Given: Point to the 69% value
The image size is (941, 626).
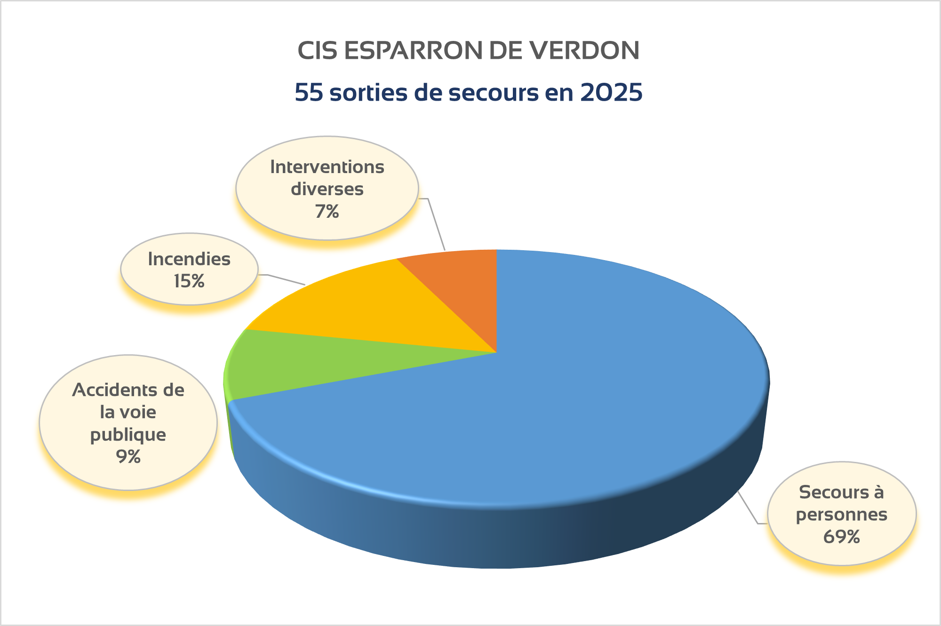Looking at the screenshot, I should tap(841, 537).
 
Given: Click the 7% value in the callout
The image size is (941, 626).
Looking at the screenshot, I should tap(327, 212).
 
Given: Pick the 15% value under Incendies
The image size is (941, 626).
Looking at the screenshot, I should tap(189, 281).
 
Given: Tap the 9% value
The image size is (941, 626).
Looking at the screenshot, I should tap(128, 457).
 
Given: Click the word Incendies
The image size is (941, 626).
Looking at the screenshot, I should tap(189, 259).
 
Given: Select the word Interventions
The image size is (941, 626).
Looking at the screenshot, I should tap(327, 167).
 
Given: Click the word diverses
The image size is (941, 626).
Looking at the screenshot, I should tap(327, 189).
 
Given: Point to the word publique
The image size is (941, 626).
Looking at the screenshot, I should tap(128, 435).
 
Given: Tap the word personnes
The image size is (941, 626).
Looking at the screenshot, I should tap(841, 515).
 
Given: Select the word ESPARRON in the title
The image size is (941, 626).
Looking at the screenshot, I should tap(414, 51).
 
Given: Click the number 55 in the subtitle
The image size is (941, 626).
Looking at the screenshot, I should tap(309, 93).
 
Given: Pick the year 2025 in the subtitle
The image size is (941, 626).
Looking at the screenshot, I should tap(611, 93).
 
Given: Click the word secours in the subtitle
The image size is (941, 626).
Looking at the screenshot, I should tap(494, 93).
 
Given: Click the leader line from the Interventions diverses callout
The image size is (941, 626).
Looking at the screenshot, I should tap(436, 223).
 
